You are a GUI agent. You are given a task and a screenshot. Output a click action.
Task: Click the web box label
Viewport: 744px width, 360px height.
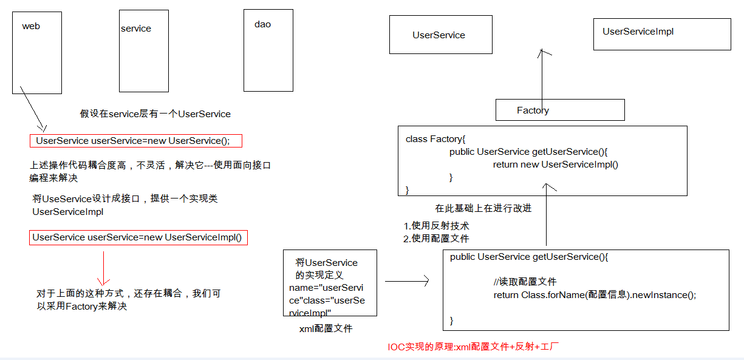click(x=31, y=26)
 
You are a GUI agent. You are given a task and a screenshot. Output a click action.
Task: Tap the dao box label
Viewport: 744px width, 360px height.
click(x=262, y=24)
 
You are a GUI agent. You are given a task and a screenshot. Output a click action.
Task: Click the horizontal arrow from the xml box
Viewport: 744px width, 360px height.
click(x=407, y=281)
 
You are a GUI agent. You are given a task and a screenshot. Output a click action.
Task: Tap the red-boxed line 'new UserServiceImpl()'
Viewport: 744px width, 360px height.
click(x=138, y=237)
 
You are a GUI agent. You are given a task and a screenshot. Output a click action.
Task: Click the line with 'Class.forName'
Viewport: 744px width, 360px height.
click(x=594, y=295)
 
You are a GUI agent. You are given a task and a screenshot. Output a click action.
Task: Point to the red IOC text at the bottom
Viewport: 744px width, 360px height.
click(x=473, y=347)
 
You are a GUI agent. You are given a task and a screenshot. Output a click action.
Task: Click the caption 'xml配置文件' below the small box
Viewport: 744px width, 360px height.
click(x=326, y=328)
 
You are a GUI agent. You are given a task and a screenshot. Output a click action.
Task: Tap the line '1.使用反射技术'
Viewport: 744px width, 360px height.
click(x=436, y=226)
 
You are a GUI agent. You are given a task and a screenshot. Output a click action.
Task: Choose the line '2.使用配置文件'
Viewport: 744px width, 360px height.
click(x=436, y=239)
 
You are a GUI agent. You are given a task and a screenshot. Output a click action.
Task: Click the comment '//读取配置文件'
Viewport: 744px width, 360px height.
click(x=525, y=282)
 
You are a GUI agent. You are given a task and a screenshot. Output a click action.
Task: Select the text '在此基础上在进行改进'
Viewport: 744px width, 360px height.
click(x=483, y=208)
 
